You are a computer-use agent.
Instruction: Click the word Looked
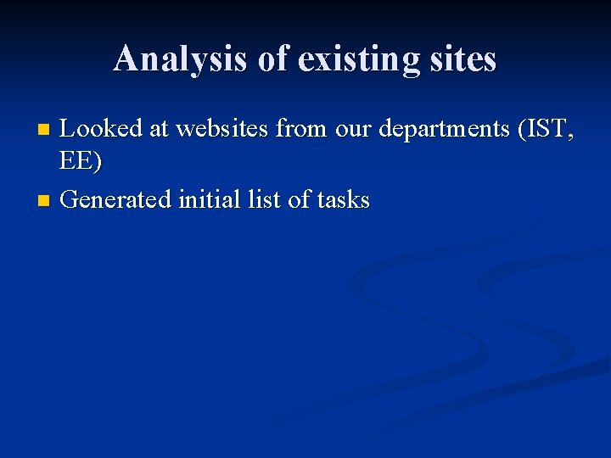[102, 129]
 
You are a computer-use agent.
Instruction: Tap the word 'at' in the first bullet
[159, 129]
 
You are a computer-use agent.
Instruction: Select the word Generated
[116, 200]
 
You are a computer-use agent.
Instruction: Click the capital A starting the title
[126, 59]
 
